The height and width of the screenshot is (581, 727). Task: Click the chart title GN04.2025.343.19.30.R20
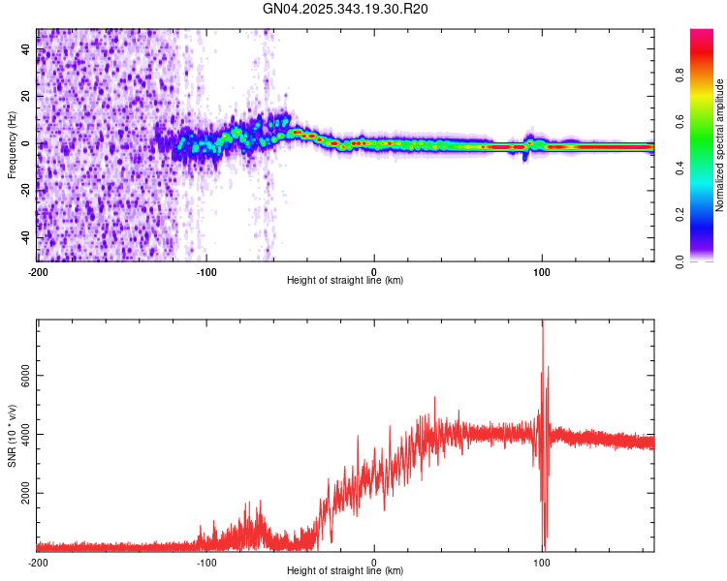(346, 9)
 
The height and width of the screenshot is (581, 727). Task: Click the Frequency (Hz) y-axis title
(12, 144)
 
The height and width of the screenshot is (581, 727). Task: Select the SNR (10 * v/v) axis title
(12, 435)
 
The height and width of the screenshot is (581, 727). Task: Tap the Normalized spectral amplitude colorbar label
(720, 145)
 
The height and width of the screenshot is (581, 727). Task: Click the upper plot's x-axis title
(345, 280)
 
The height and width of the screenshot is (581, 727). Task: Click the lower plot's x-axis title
(345, 570)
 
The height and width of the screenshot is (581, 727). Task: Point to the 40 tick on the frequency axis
(26, 49)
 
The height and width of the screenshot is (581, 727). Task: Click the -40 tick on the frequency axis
(26, 237)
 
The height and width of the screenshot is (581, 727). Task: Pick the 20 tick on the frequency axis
(26, 97)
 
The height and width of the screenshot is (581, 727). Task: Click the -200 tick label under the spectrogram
(38, 270)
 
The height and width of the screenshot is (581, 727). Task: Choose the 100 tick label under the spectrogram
(543, 270)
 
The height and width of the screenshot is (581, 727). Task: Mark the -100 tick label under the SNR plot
(206, 561)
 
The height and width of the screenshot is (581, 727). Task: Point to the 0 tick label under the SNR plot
(374, 561)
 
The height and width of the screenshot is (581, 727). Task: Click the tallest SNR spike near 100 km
(542, 323)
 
